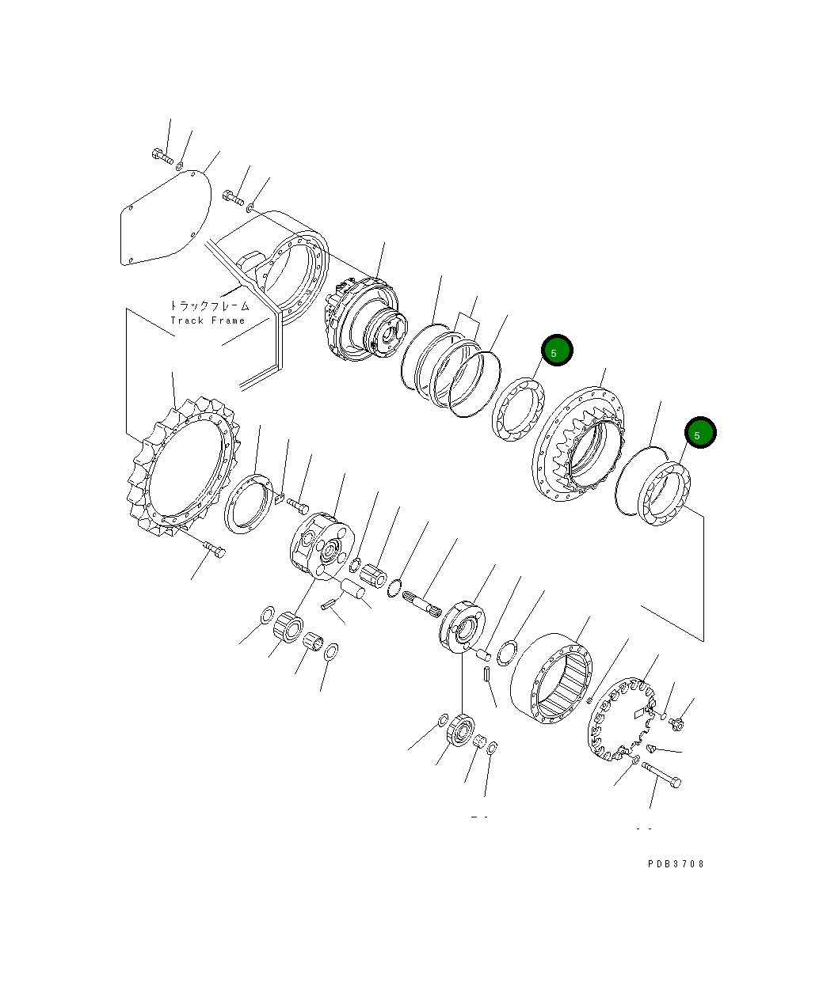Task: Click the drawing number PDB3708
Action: tap(676, 863)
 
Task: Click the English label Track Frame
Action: tap(208, 320)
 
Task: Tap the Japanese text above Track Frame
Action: tap(209, 305)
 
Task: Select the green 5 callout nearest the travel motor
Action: tap(557, 350)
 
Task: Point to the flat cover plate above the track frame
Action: tap(166, 218)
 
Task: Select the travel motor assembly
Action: tap(365, 319)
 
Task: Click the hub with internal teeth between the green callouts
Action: tap(578, 443)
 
